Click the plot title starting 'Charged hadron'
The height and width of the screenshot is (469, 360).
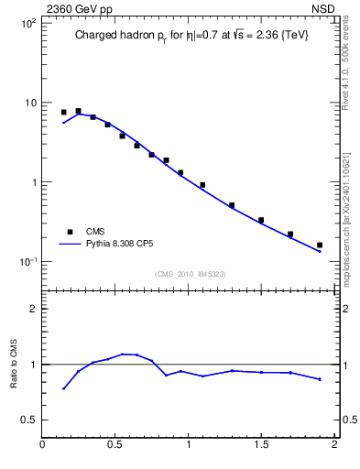tap(190, 37)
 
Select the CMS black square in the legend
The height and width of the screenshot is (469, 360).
tap(69, 232)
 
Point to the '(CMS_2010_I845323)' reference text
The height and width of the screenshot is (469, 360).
tap(190, 274)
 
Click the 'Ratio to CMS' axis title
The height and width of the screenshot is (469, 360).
tap(14, 365)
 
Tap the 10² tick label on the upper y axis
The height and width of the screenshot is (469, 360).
tap(27, 23)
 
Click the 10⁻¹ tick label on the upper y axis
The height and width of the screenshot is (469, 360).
tap(27, 262)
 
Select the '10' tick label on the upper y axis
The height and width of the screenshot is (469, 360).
tap(29, 103)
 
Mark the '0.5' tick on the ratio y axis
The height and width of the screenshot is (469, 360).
tap(27, 420)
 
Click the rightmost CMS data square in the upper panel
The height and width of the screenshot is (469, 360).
tap(320, 245)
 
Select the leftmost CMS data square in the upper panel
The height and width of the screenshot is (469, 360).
tap(63, 112)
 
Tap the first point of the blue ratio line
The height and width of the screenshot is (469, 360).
tap(63, 388)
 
